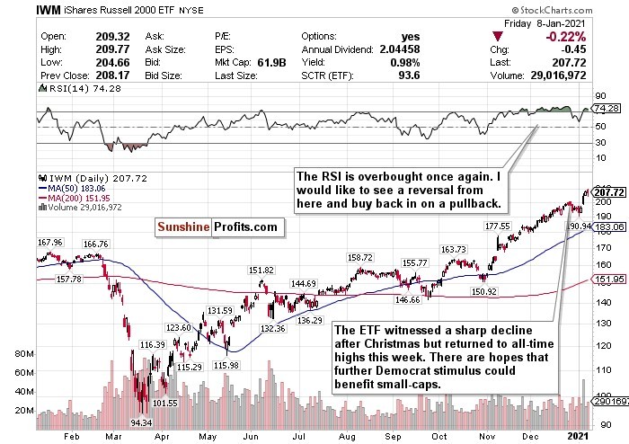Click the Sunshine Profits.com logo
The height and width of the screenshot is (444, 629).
[x=218, y=227]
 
